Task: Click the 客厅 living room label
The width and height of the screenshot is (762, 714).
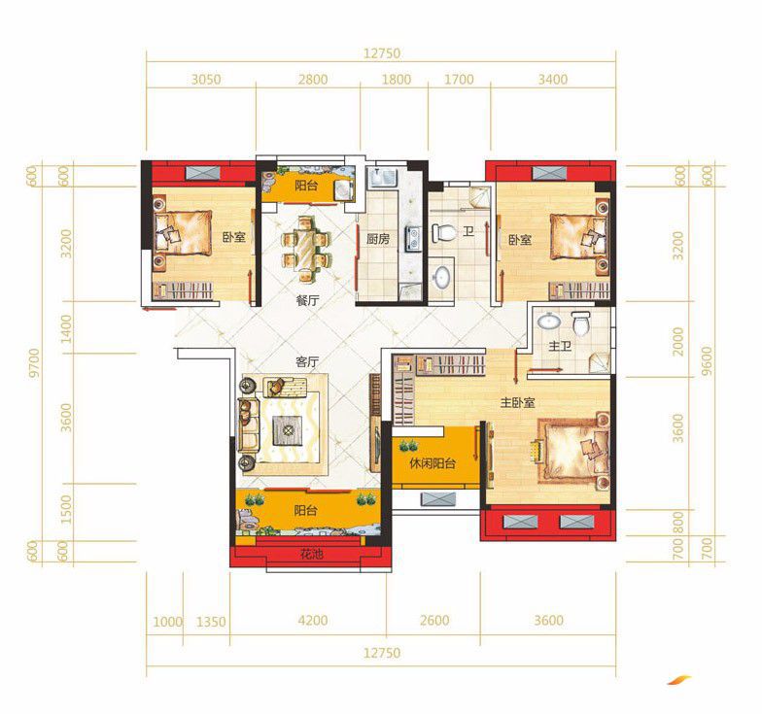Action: [x=307, y=361]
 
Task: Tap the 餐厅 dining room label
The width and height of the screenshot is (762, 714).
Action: [x=307, y=300]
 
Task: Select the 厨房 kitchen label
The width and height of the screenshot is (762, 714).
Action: [x=378, y=239]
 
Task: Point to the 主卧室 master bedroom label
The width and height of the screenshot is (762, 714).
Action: [x=518, y=402]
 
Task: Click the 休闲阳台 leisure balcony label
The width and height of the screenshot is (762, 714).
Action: [x=433, y=463]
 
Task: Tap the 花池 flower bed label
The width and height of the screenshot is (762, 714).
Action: [x=311, y=554]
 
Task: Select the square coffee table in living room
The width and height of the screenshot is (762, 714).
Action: [x=288, y=430]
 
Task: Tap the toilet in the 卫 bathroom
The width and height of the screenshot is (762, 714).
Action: [x=443, y=233]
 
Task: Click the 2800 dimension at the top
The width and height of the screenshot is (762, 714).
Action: [x=313, y=80]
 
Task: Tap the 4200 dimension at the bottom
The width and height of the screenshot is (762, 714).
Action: [x=313, y=620]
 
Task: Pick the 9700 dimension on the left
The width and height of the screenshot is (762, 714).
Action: [x=33, y=362]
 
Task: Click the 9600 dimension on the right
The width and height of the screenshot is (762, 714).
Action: [x=708, y=360]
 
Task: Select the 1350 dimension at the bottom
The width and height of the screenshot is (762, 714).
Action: [x=211, y=622]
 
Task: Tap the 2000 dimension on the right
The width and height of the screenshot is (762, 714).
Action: [x=678, y=342]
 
